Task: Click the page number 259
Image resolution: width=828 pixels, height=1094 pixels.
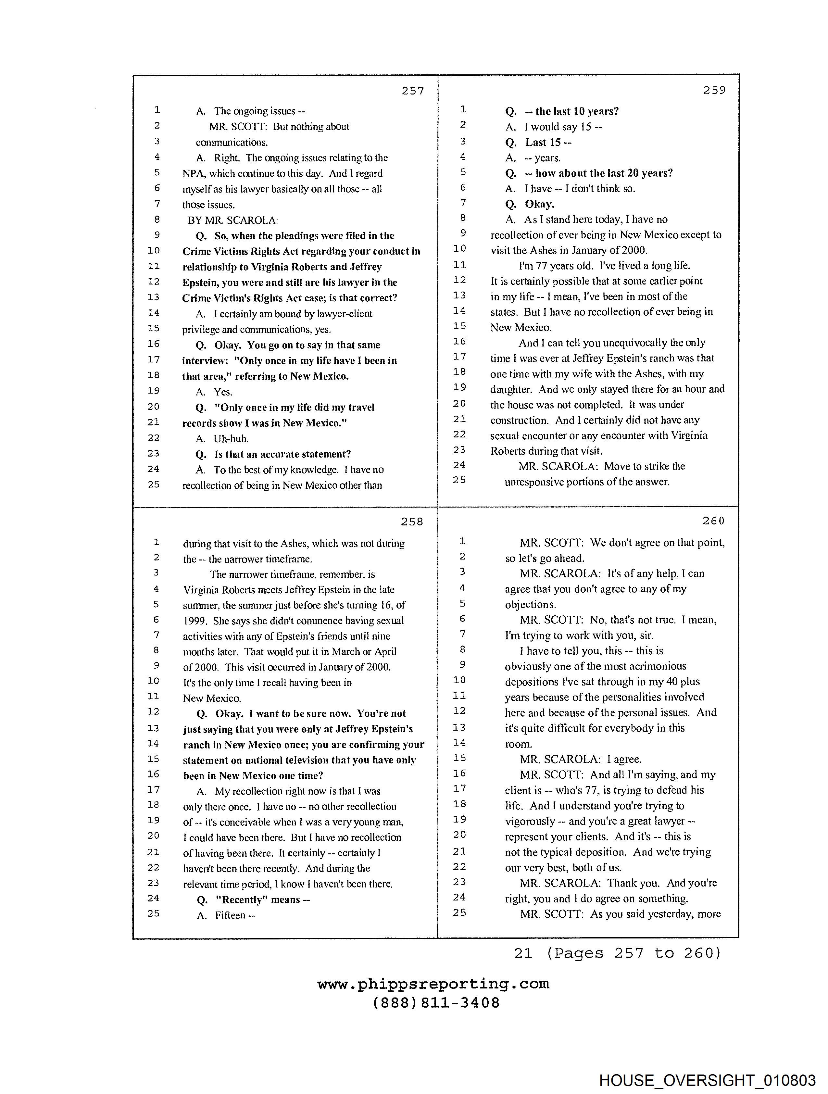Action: tap(714, 90)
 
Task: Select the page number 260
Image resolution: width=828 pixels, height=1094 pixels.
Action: tap(713, 521)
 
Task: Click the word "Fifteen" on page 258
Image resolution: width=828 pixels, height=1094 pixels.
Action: tap(230, 915)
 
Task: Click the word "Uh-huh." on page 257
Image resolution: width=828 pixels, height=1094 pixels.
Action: tap(231, 439)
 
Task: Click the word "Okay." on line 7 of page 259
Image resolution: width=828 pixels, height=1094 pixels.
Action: tap(540, 204)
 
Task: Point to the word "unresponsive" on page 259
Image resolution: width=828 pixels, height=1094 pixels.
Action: tap(535, 482)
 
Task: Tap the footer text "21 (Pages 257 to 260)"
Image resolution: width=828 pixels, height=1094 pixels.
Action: tap(617, 953)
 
